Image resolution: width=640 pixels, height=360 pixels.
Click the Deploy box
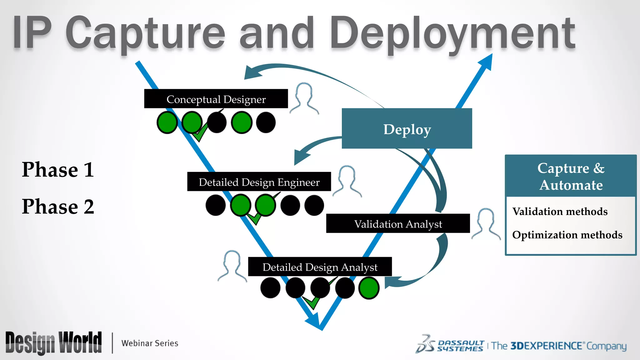407,129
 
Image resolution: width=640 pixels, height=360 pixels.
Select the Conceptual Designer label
216,99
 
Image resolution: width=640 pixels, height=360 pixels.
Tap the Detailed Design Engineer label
259,182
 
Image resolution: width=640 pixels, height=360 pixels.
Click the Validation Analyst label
398,224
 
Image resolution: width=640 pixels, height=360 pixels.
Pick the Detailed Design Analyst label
320,267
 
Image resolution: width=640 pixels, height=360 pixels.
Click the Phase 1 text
58,170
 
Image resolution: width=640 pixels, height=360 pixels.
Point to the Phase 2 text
58,207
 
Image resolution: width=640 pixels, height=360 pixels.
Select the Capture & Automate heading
571,176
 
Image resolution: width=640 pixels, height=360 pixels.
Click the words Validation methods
560,212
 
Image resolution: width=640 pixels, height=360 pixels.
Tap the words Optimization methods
567,235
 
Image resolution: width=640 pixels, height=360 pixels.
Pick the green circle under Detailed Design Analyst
369,288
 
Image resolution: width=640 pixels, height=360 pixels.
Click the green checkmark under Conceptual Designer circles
200,133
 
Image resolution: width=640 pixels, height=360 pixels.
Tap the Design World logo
53,343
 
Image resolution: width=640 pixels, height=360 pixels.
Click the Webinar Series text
150,343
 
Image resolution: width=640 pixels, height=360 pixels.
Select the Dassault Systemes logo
450,345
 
